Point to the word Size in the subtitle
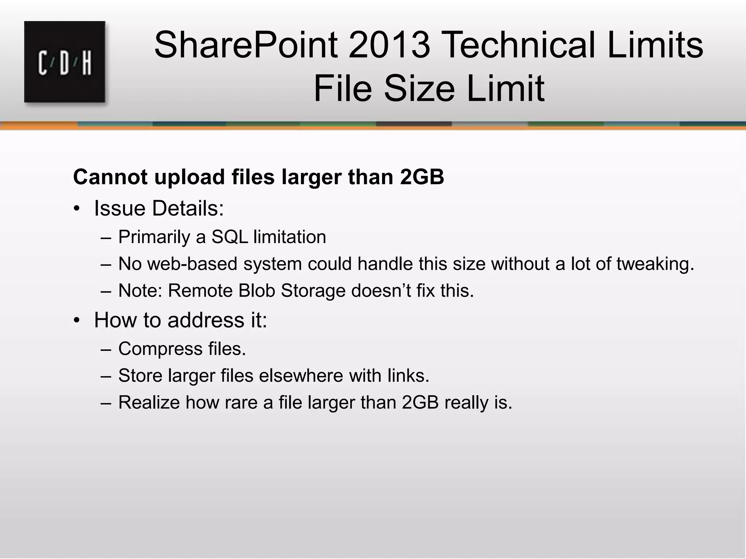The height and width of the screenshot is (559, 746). pos(420,88)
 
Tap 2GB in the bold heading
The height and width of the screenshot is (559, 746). pos(422,177)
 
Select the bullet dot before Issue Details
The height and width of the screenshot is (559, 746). pos(76,209)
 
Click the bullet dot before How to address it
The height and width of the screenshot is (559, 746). pos(76,321)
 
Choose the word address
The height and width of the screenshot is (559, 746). pos(206,320)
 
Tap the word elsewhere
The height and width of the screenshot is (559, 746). pos(301,376)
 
